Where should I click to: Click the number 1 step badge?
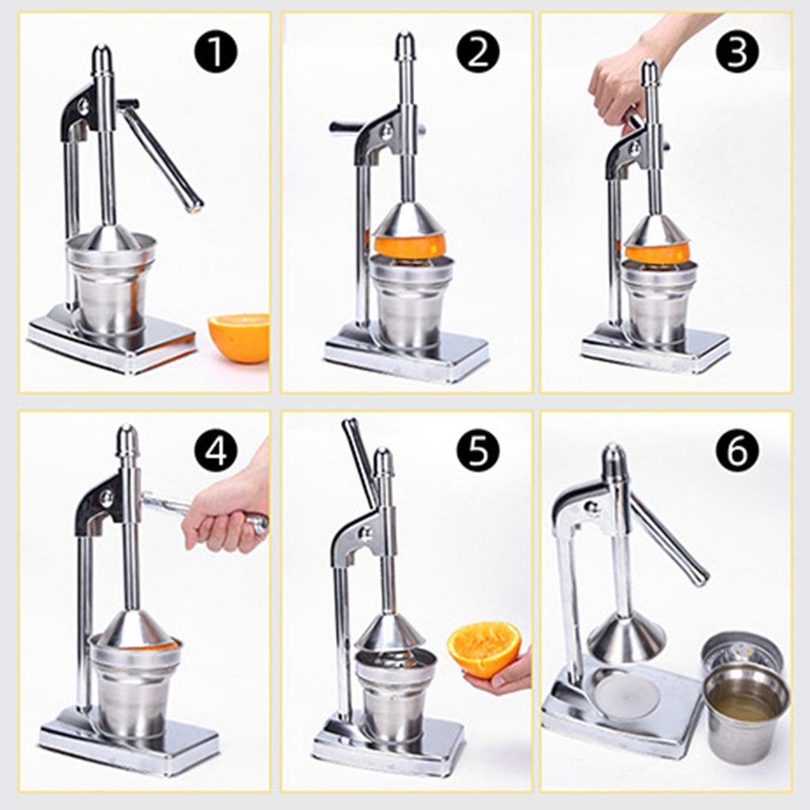216,51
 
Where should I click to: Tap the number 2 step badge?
478,51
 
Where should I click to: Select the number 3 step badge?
737,51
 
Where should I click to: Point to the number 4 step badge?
216,450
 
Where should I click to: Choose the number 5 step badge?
478,450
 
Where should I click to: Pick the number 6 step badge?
737,450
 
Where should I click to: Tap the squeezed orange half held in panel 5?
483,650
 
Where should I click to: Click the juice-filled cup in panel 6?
745,712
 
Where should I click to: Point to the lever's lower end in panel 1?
195,206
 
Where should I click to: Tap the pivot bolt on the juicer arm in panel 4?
108,498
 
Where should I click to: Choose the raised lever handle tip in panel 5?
350,426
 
